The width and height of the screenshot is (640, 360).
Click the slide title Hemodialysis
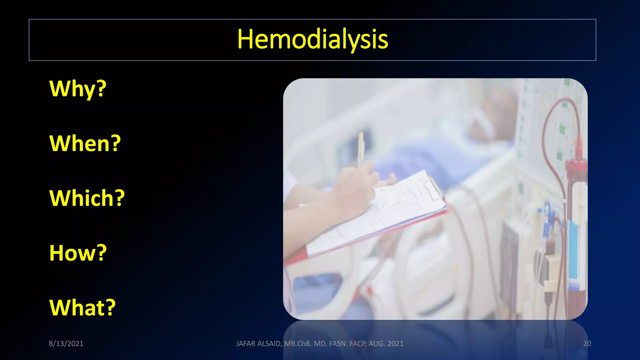[x=312, y=39]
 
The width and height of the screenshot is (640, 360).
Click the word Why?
[x=78, y=89]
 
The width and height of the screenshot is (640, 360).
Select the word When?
[x=85, y=143]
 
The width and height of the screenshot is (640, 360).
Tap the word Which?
[x=87, y=198]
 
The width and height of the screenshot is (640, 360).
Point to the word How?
[x=78, y=253]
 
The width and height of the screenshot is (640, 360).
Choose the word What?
[x=82, y=307]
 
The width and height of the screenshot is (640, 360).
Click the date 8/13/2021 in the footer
[x=66, y=343]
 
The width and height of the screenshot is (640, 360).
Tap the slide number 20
[x=587, y=343]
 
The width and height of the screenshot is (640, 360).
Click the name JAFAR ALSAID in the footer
[x=258, y=343]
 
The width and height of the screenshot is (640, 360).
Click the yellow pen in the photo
[x=361, y=147]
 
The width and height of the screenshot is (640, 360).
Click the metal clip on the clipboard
[x=434, y=189]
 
